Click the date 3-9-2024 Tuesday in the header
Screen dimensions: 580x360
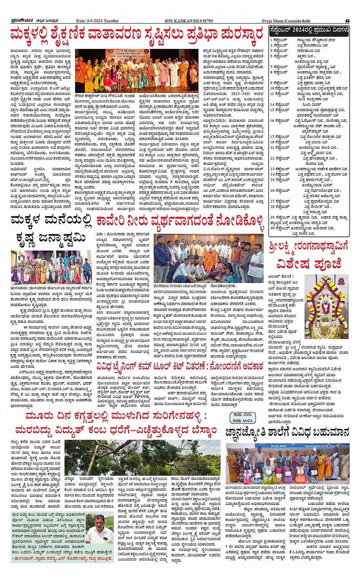(98, 21)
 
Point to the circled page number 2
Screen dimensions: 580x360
(347, 21)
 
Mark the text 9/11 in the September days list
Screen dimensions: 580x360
(303, 99)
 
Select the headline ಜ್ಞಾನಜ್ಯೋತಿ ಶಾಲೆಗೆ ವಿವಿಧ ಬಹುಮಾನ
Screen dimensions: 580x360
(287, 433)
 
